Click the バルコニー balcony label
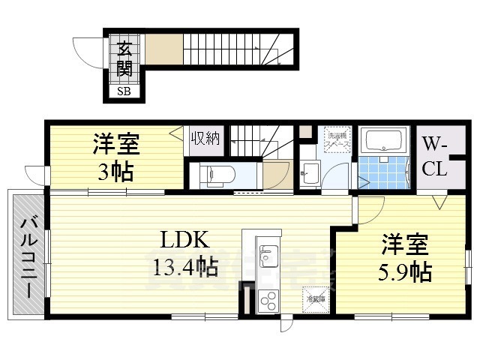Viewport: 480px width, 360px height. (28, 255)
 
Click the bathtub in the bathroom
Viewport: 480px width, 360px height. (383, 140)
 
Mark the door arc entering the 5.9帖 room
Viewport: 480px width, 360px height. (370, 210)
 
